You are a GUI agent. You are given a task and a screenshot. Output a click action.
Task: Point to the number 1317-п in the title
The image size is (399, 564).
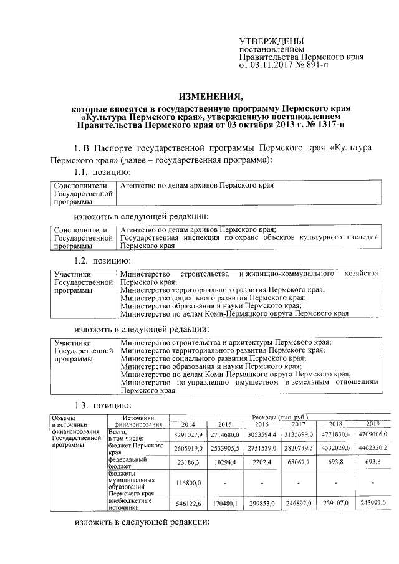tap(329, 124)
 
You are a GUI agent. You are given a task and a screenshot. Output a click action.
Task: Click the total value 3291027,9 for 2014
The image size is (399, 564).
tap(187, 434)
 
